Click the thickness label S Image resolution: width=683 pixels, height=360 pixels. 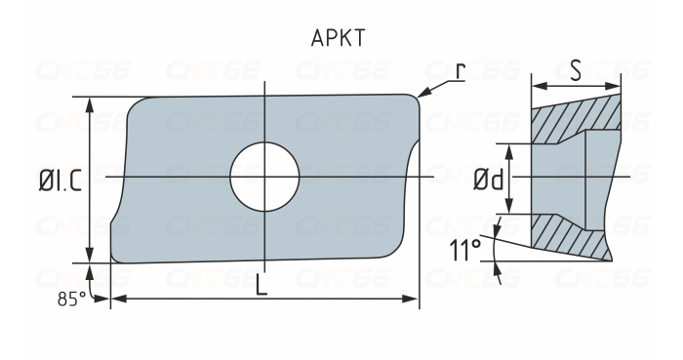coord(576,71)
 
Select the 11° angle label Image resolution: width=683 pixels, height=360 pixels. coord(465,252)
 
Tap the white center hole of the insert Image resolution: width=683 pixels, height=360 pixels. coord(264,177)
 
